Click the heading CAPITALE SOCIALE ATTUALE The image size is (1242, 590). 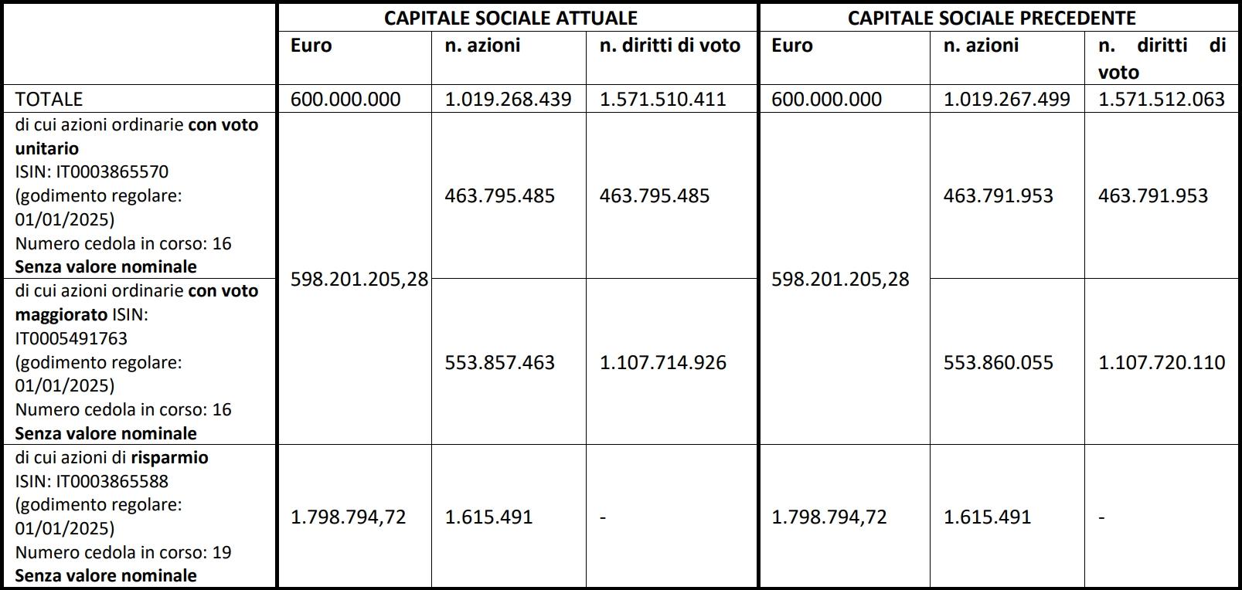click(511, 18)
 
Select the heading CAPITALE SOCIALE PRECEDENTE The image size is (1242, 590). click(992, 18)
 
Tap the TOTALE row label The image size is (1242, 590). click(49, 99)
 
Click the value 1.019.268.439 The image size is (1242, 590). click(508, 99)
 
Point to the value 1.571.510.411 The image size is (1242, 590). click(662, 99)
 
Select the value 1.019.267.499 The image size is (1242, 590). click(1006, 99)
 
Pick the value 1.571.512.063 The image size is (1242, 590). click(1161, 99)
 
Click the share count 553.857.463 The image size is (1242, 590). click(499, 362)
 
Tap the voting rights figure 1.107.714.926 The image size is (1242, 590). click(662, 362)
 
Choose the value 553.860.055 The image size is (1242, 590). click(998, 362)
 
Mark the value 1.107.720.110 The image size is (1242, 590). click(1161, 362)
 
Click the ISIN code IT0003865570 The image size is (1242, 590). click(112, 171)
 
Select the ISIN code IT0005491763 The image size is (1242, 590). click(71, 338)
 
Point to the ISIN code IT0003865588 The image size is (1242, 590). click(112, 481)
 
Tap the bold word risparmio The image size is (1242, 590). click(169, 457)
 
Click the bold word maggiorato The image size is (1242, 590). click(61, 314)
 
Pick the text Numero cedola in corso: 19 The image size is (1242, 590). click(123, 552)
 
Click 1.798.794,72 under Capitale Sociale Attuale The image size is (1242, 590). click(348, 517)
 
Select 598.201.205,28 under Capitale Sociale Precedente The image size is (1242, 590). click(840, 279)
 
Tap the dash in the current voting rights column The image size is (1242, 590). click(603, 517)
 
